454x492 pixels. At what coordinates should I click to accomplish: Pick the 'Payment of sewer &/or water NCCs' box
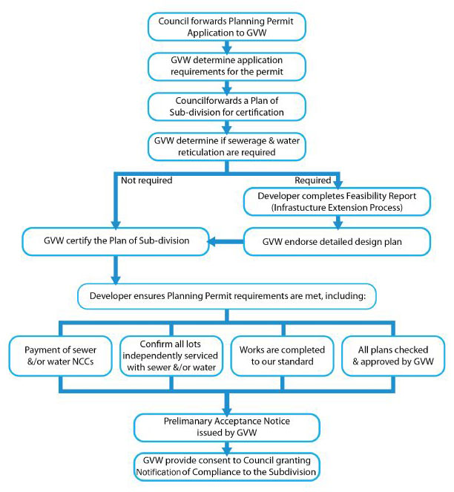point(63,357)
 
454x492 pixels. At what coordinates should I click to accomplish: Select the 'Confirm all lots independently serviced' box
point(172,357)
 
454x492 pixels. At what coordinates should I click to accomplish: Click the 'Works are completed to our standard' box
point(281,357)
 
